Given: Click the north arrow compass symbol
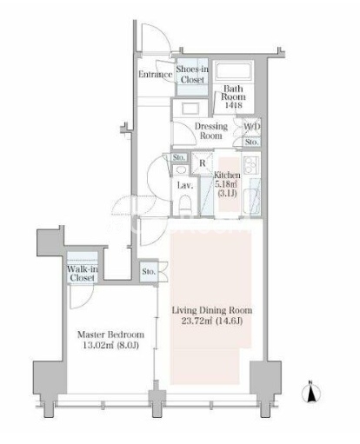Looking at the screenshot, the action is [x=310, y=392].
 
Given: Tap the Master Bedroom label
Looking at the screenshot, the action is [x=110, y=335].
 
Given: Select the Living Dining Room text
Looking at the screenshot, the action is [x=212, y=310].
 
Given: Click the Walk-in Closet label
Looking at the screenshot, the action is [x=83, y=273].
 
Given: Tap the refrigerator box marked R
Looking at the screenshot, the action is [x=202, y=162].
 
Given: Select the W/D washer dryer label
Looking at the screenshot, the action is [x=251, y=127].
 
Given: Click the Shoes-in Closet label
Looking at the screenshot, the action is [x=192, y=75].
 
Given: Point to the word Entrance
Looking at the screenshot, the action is [x=155, y=75].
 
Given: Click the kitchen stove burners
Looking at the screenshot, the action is [x=250, y=165].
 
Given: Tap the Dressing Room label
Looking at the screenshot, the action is [x=211, y=131].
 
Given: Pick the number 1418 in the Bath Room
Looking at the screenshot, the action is [x=234, y=105].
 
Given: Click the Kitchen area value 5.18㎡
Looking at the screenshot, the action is [x=227, y=183].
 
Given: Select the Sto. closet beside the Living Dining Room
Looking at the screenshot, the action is [x=149, y=272].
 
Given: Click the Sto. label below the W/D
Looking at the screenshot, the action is [x=251, y=142].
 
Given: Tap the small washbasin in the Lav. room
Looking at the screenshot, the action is [x=181, y=170].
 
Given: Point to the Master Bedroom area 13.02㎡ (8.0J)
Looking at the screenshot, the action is [x=110, y=346].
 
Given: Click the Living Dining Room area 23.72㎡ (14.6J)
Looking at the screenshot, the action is [x=212, y=321].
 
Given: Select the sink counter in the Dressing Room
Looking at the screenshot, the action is [x=190, y=109].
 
